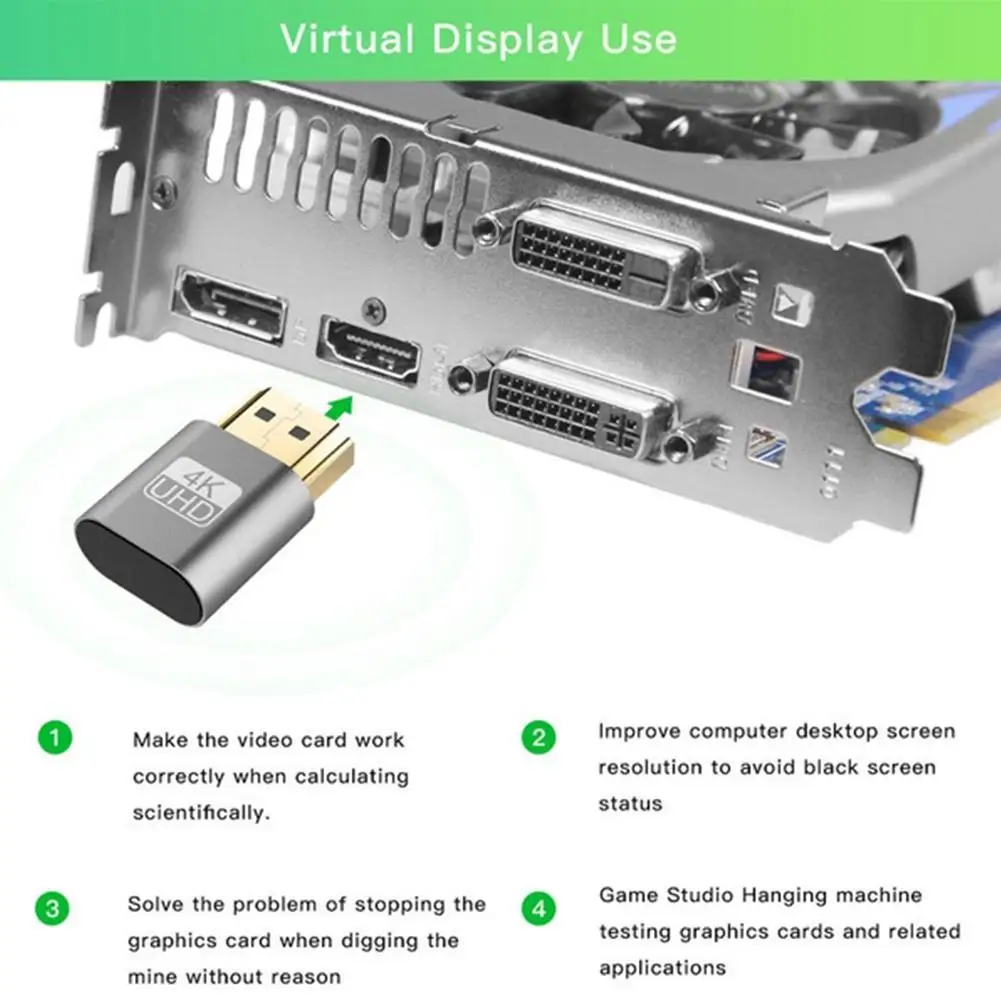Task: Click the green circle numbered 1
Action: click(x=55, y=737)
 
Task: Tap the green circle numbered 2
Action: click(x=539, y=737)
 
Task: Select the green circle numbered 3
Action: click(x=52, y=908)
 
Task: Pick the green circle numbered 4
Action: click(x=539, y=908)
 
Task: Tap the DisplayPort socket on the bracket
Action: click(x=230, y=305)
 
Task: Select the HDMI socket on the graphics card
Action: click(x=369, y=349)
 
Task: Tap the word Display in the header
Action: click(x=507, y=40)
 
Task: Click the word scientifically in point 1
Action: click(x=201, y=813)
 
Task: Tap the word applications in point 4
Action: click(x=663, y=969)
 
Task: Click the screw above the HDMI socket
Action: click(x=373, y=310)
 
